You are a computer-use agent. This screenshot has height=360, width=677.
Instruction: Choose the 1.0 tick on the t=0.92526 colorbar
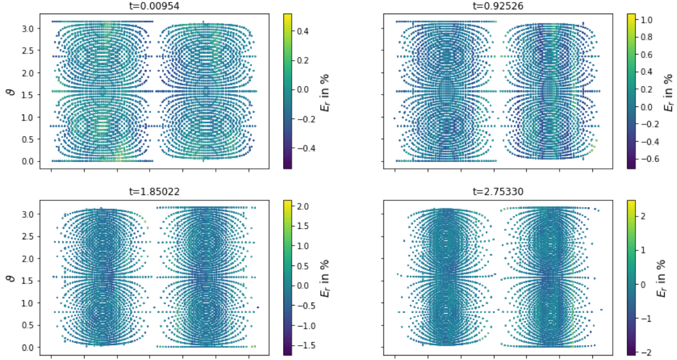coord(648,20)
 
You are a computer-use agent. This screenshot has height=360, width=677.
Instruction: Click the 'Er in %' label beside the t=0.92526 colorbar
coord(667,91)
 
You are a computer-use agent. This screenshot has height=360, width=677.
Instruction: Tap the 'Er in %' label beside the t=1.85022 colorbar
coord(325,278)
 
